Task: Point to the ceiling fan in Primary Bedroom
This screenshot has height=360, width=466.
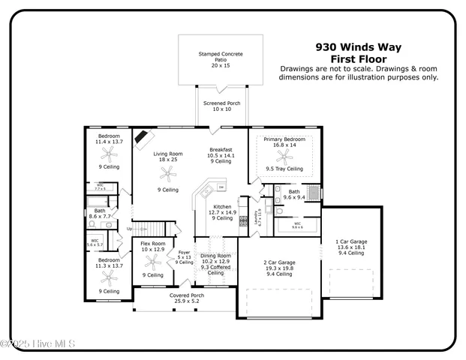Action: coord(283,156)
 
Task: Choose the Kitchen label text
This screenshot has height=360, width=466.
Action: coord(223,212)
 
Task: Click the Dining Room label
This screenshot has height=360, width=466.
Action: coord(215,262)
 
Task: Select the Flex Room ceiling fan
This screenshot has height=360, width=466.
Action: coord(153,262)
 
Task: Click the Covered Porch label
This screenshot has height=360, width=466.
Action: coord(185,297)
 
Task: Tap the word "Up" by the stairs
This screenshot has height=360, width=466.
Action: coord(129,228)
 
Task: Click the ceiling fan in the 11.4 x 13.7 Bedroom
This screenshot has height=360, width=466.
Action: coord(110,155)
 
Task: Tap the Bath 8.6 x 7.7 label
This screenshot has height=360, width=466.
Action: coord(100,214)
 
